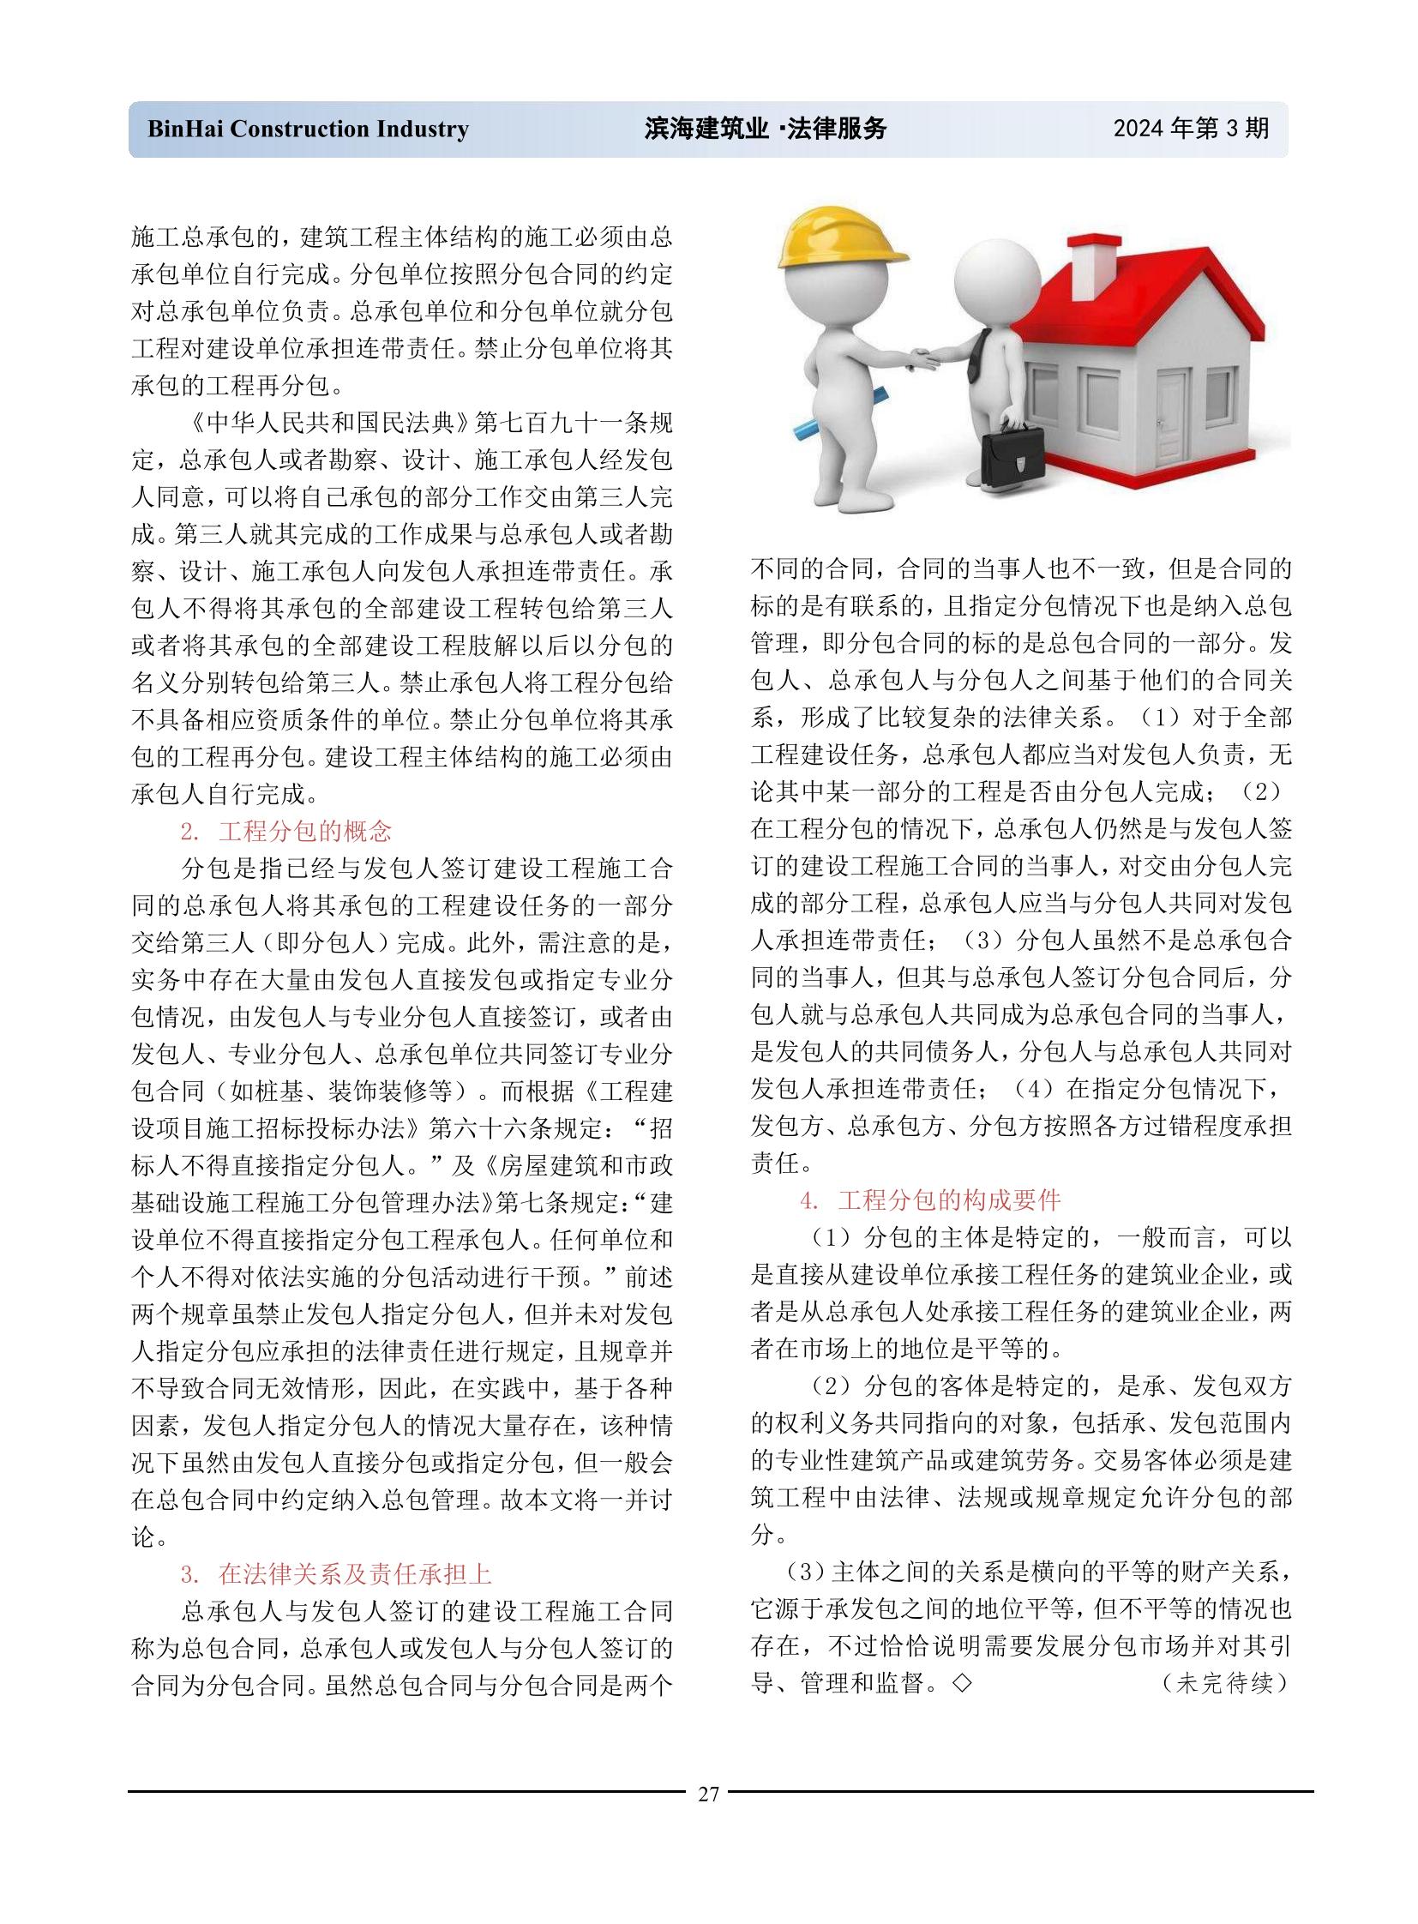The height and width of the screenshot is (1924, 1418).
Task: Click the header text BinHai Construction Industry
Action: [308, 129]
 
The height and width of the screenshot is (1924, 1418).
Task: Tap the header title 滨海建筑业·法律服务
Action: [765, 129]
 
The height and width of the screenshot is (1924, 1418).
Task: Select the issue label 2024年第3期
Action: [1191, 129]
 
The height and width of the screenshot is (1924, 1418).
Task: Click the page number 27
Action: [708, 1794]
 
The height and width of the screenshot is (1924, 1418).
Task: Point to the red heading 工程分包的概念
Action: [305, 831]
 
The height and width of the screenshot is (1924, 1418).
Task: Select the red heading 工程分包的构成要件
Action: [950, 1200]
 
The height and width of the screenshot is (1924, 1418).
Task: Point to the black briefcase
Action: [1012, 456]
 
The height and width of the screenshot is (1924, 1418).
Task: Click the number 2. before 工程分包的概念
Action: [189, 831]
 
